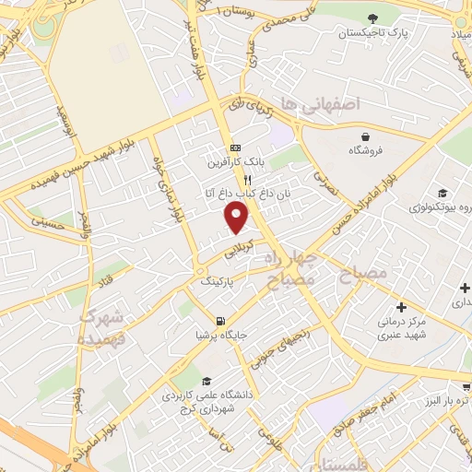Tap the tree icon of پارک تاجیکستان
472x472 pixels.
click(372, 18)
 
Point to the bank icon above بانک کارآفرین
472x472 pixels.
click(234, 147)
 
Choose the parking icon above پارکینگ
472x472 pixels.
click(202, 270)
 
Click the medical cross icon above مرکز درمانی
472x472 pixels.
click(400, 307)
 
